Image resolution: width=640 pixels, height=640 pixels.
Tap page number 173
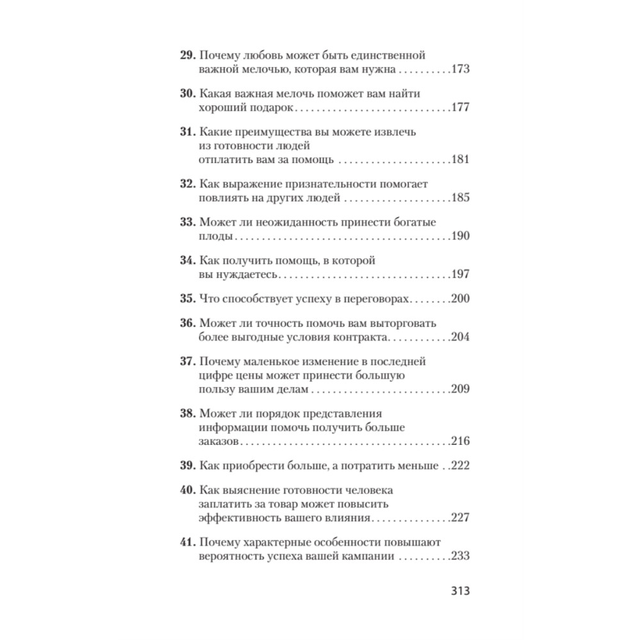pyautogui.click(x=460, y=69)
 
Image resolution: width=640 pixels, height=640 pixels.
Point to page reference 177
pyautogui.click(x=460, y=108)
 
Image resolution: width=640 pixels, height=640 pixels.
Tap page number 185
pyautogui.click(x=460, y=198)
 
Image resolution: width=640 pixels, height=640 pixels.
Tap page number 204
pyautogui.click(x=460, y=337)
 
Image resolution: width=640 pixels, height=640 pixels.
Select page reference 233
pyautogui.click(x=460, y=556)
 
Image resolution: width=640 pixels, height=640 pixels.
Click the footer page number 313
pyautogui.click(x=459, y=590)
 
